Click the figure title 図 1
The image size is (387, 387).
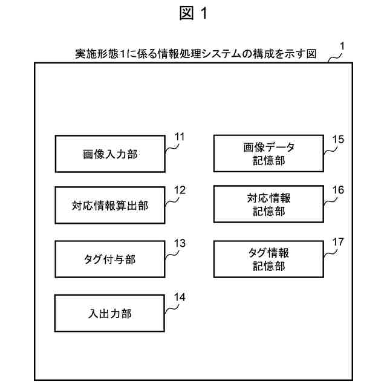[193, 13]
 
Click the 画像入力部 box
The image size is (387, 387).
[109, 154]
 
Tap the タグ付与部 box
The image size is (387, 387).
[109, 259]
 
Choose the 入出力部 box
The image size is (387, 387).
[109, 313]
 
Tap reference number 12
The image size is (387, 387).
[179, 189]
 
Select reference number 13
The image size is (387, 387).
[179, 243]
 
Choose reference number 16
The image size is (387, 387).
[338, 189]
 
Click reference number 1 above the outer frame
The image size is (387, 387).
[343, 45]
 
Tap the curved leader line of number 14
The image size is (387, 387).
[172, 307]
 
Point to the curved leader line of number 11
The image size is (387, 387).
[172, 147]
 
